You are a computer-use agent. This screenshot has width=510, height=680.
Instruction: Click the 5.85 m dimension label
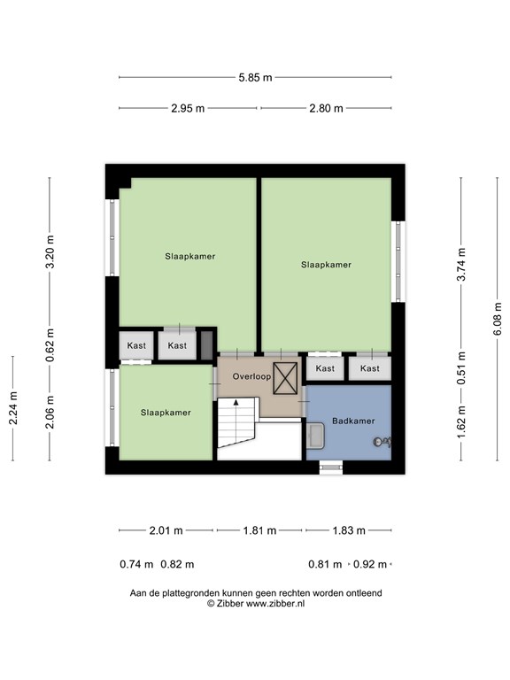[255, 78]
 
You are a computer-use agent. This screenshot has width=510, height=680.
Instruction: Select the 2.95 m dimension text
[188, 108]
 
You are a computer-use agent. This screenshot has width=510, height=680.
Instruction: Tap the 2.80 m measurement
[326, 108]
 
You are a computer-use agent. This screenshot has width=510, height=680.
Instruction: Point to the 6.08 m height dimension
[498, 319]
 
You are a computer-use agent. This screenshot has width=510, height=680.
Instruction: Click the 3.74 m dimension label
[461, 265]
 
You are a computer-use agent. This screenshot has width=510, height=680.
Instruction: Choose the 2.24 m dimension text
[13, 408]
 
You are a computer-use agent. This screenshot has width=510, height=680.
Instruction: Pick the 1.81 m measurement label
[259, 530]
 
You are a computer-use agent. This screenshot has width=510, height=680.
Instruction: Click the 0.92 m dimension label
[370, 564]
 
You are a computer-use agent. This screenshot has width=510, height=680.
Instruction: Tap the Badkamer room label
[353, 421]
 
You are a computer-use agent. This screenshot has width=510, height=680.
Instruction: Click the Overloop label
[251, 376]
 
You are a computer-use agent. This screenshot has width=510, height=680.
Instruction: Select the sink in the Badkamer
[315, 436]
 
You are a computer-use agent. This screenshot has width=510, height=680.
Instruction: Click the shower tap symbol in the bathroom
[382, 442]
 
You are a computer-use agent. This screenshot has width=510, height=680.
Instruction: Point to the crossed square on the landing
[285, 378]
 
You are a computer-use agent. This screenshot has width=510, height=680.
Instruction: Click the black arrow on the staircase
[236, 403]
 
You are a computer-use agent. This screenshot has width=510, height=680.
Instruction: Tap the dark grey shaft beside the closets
[207, 345]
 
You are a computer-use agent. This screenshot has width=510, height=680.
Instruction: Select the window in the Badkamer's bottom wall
[331, 467]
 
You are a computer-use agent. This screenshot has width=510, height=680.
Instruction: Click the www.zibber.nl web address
[275, 603]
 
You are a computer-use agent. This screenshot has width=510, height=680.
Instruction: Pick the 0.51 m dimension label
[461, 367]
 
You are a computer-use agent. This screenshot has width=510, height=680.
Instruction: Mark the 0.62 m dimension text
[50, 345]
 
